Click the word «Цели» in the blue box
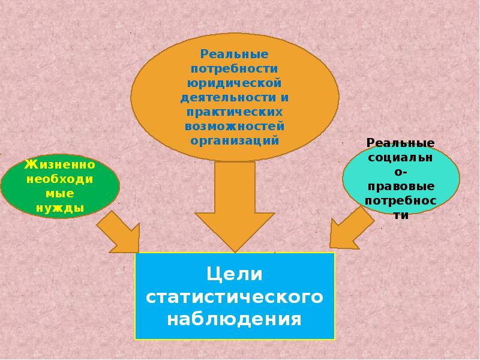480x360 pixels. [x=235, y=274]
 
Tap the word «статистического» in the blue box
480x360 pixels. [x=235, y=296]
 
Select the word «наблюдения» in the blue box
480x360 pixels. [x=235, y=319]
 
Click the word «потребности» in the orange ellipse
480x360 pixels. [x=234, y=68]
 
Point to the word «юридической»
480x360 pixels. [x=234, y=83]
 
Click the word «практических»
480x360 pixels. [x=234, y=112]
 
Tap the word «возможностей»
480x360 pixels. [x=234, y=126]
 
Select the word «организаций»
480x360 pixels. [x=235, y=141]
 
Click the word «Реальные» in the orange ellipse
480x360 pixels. [x=234, y=54]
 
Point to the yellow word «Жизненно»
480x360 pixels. [x=59, y=164]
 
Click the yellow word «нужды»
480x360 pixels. [x=60, y=209]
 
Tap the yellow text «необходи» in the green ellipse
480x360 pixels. [x=59, y=179]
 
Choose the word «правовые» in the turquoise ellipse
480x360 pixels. [x=400, y=187]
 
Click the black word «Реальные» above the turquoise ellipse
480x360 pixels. [x=400, y=143]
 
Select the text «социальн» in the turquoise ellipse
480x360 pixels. [x=400, y=157]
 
